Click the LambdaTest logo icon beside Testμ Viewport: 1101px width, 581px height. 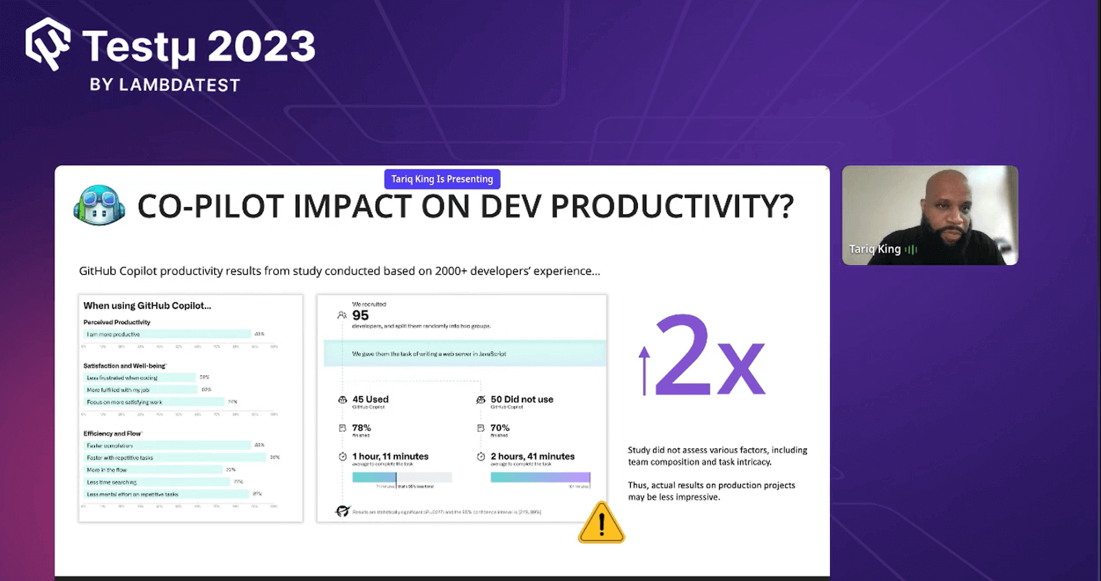(x=47, y=44)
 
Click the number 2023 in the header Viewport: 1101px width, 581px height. (x=261, y=47)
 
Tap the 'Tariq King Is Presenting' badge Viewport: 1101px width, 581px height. (x=442, y=179)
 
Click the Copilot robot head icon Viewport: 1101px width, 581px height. (x=99, y=205)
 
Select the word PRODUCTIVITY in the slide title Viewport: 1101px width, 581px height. (x=672, y=206)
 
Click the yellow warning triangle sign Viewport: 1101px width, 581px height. (x=601, y=524)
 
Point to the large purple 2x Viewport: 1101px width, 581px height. (x=709, y=357)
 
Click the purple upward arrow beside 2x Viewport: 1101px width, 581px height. (x=644, y=370)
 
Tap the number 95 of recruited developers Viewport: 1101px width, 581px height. (x=361, y=315)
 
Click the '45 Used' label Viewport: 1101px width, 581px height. (x=370, y=399)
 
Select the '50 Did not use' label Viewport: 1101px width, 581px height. (x=522, y=399)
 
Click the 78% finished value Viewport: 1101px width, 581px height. (x=361, y=428)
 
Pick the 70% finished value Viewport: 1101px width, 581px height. (x=500, y=428)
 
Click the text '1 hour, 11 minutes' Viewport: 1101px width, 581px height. (x=390, y=456)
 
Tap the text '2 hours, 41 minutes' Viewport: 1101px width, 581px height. (x=532, y=456)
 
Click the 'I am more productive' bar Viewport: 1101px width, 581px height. (x=167, y=335)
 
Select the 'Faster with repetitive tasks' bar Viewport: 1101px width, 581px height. (x=175, y=458)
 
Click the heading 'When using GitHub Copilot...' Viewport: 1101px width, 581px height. (x=147, y=306)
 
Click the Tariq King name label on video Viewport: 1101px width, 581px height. (x=875, y=249)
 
